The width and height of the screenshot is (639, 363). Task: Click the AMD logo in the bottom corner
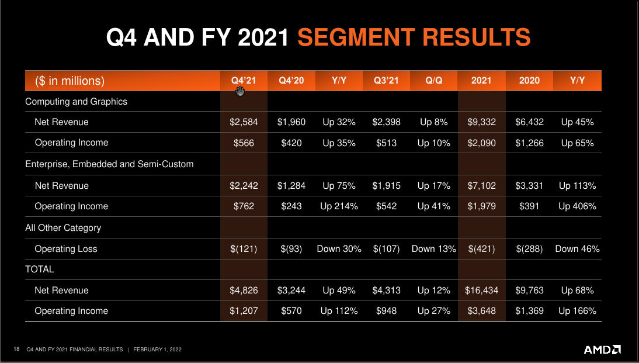click(x=602, y=350)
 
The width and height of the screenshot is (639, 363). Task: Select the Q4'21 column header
click(x=244, y=81)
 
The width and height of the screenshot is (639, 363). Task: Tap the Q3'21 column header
click(x=386, y=81)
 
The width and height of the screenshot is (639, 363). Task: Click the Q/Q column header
click(x=434, y=81)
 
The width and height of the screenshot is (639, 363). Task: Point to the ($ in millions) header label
click(x=70, y=81)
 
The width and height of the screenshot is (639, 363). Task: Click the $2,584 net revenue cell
click(x=244, y=122)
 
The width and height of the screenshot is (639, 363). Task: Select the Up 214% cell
click(x=339, y=206)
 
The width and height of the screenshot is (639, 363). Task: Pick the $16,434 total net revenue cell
click(x=481, y=291)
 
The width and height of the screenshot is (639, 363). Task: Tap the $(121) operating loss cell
click(x=244, y=249)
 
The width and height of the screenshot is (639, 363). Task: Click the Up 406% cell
click(x=577, y=206)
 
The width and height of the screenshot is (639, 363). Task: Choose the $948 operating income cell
click(x=386, y=311)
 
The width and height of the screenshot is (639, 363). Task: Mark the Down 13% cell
click(x=434, y=249)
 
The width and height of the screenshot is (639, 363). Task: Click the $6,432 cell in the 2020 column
click(x=529, y=122)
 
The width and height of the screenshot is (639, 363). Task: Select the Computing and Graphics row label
click(x=76, y=102)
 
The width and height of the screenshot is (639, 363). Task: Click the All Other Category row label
click(x=63, y=228)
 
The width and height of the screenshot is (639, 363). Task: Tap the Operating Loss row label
click(x=66, y=249)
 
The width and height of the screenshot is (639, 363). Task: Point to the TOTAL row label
click(x=40, y=269)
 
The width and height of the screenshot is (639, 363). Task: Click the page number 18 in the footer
click(x=16, y=350)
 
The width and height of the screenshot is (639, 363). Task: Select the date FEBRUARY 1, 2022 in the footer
click(x=158, y=350)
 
